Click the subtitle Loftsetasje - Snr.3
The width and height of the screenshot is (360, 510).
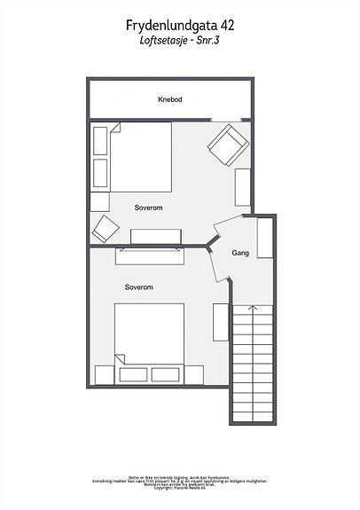pos(180,41)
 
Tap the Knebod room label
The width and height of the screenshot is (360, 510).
pos(170,99)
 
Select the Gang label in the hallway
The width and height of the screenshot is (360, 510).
pos(239,253)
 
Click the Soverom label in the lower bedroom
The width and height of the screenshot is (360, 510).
pos(139,287)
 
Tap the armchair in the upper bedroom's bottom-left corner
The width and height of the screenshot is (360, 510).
pos(106,228)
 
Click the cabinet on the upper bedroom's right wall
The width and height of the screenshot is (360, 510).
pos(243,187)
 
